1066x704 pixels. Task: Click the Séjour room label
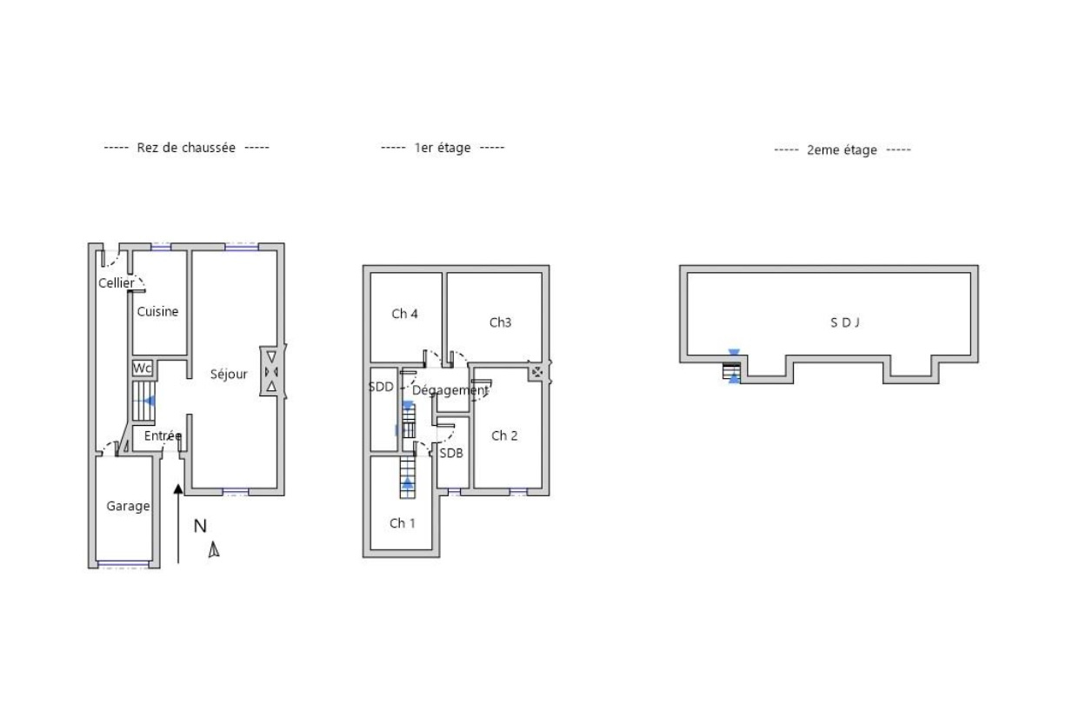229,375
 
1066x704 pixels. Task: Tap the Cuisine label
157,311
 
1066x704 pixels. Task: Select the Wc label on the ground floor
142,369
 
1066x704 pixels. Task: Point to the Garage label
128,506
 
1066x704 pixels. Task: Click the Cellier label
117,283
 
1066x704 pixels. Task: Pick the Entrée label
163,435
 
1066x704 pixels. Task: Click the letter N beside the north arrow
200,526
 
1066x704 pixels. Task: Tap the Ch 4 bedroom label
404,314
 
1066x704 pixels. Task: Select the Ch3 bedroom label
500,322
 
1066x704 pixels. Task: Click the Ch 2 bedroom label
504,435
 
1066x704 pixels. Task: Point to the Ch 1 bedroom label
402,523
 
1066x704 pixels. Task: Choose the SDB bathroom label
451,453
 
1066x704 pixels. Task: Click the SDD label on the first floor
381,388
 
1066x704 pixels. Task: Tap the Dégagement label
450,390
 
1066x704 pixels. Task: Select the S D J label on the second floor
844,323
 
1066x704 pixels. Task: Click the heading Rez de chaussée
186,148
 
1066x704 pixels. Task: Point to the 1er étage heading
443,148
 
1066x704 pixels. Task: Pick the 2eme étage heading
842,150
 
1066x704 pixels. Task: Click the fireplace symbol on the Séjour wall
272,371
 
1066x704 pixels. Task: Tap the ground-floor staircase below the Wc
143,401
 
